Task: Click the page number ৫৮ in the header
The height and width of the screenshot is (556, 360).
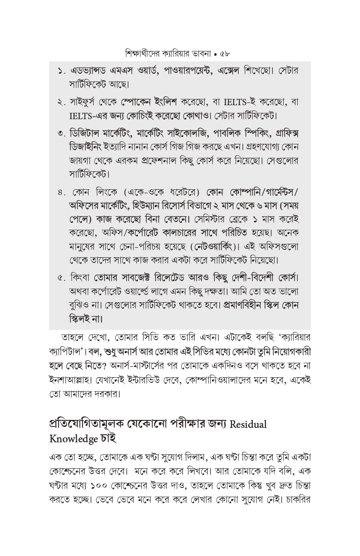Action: [225, 54]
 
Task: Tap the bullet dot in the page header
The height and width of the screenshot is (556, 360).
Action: [216, 55]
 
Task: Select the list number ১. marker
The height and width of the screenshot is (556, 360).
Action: [62, 71]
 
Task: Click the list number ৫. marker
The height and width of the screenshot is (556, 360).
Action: [62, 278]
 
